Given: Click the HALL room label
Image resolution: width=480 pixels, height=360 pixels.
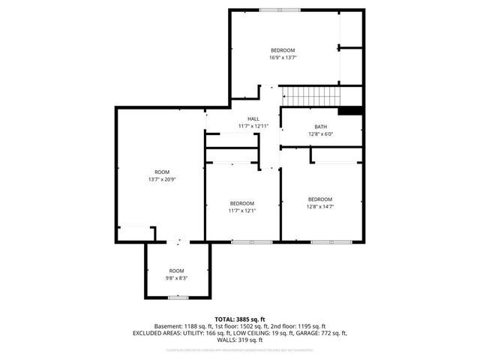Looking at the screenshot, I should (x=253, y=118).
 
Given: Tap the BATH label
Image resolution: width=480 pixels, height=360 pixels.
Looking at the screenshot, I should (x=320, y=127).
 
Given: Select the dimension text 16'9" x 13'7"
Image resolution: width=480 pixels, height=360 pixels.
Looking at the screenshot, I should (x=283, y=58).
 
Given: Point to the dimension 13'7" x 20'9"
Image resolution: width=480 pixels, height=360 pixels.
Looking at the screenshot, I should (x=162, y=179).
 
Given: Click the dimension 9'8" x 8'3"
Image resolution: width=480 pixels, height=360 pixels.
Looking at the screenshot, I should (x=176, y=277).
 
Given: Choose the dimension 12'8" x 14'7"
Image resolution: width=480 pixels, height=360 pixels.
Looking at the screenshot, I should (x=320, y=206).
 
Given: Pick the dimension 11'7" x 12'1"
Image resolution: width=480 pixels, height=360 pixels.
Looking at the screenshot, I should (x=241, y=211).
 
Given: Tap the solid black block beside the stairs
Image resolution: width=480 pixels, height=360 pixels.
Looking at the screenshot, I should (x=349, y=111).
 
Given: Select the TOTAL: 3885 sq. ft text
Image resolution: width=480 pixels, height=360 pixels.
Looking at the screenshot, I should (x=240, y=319).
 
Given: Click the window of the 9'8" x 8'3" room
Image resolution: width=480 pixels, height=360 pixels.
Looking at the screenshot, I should (x=178, y=298).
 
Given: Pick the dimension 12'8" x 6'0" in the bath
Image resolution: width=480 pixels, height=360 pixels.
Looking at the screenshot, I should (x=320, y=134).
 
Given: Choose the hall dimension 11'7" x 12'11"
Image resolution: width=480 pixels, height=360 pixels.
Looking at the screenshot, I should (x=253, y=125).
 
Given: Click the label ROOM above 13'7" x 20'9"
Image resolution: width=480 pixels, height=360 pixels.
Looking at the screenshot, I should (x=162, y=172).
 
